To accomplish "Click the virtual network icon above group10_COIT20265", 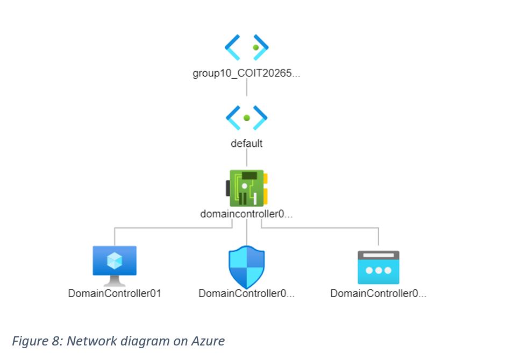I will click(x=246, y=47).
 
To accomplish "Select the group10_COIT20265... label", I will click(x=246, y=73).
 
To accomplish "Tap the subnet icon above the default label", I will click(x=246, y=118).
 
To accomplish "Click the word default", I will click(x=246, y=144).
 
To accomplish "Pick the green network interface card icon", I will click(x=247, y=188).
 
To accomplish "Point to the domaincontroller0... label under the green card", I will click(x=246, y=214).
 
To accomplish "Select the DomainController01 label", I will click(x=115, y=294).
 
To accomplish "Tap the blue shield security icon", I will click(x=247, y=266).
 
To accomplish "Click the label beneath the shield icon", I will click(x=246, y=294).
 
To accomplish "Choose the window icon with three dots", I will click(x=379, y=267).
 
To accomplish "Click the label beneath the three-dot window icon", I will click(x=378, y=294).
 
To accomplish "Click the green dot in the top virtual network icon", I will click(x=256, y=47).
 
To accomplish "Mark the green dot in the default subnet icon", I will click(x=247, y=118).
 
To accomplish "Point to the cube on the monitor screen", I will click(x=115, y=261).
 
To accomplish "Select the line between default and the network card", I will click(x=246, y=159).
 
